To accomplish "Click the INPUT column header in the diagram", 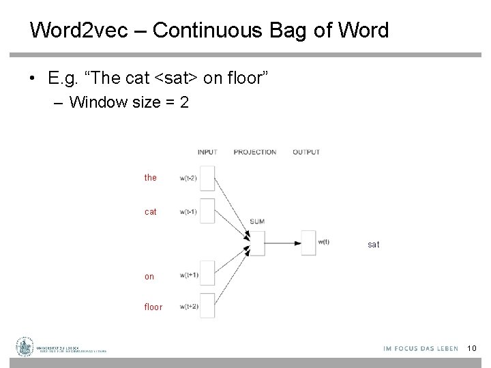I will coord(207,152).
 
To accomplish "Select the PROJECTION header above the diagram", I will coord(254,152).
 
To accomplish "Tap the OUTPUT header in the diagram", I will coord(306,152).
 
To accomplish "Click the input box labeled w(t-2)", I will coord(206,178).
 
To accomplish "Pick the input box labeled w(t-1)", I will coord(206,211).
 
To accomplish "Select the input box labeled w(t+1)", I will coord(206,274).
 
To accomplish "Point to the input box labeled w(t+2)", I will coord(206,305).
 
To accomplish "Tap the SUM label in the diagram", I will coord(257,221).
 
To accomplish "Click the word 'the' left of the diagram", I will coord(151,178).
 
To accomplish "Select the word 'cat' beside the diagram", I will coord(151,212).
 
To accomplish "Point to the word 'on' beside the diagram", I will coord(149,277).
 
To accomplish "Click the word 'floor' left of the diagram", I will coord(153,307).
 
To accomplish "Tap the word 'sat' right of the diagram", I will coord(374,244).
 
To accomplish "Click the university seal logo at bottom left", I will coord(26,348).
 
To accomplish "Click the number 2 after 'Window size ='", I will coord(184,103).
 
